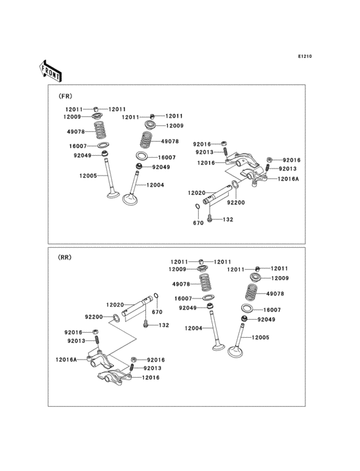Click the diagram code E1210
pyautogui.click(x=304, y=57)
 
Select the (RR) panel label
pyautogui.click(x=65, y=257)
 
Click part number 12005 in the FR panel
pyautogui.click(x=88, y=176)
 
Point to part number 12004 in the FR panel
pyautogui.click(x=156, y=185)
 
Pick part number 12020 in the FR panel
pyautogui.click(x=196, y=192)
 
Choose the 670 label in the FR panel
pyautogui.click(x=199, y=223)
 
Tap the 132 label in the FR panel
pyautogui.click(x=228, y=219)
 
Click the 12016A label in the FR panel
pyautogui.click(x=289, y=178)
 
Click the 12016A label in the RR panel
pyautogui.click(x=66, y=360)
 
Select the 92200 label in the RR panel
pyautogui.click(x=94, y=317)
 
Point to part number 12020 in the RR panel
pyautogui.click(x=115, y=304)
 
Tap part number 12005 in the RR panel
pyautogui.click(x=260, y=337)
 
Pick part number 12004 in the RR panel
pyautogui.click(x=194, y=328)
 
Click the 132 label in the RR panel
pyautogui.click(x=164, y=326)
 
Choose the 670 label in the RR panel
pyautogui.click(x=157, y=312)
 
